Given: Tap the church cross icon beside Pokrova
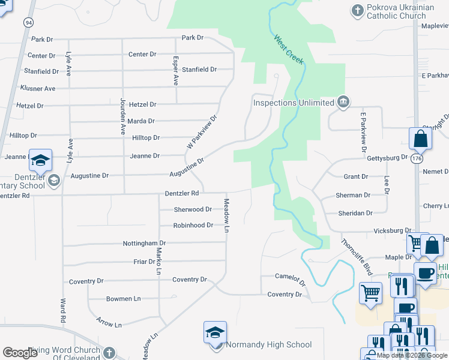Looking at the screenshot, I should (x=357, y=11).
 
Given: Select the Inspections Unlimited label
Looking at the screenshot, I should (x=294, y=103).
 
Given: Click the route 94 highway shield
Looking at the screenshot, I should (x=28, y=22).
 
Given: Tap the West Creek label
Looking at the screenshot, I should (x=289, y=50).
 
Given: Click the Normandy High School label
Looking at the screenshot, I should (x=269, y=344).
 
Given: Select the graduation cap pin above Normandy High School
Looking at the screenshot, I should (x=215, y=334).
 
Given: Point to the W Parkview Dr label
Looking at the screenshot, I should (x=201, y=133).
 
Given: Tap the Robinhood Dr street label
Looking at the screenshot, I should (x=193, y=225).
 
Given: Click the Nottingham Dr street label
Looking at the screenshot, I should (x=144, y=243).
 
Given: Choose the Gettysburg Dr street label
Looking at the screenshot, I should (x=387, y=157).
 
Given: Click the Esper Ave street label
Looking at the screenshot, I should (x=176, y=71).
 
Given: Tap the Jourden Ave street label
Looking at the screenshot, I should (x=122, y=116).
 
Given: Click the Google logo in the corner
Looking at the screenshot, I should (x=20, y=353).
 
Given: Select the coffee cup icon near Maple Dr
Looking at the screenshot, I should (x=425, y=272).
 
